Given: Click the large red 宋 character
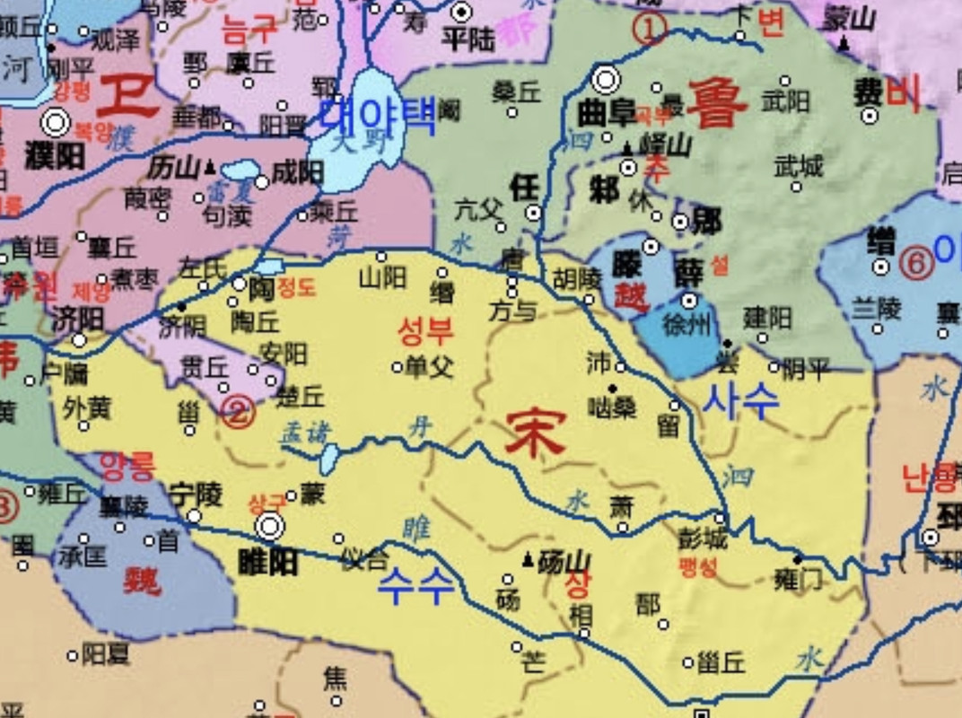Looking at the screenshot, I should [x=535, y=433].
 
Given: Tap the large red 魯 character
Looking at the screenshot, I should [x=718, y=102].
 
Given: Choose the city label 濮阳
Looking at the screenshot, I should [x=55, y=154].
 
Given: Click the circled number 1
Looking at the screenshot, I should [x=650, y=29].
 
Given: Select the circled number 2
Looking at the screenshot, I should [x=237, y=412].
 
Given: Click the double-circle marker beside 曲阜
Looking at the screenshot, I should [x=607, y=80].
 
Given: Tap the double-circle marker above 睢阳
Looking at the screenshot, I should [x=270, y=527].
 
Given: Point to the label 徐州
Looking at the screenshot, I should [x=686, y=325].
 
